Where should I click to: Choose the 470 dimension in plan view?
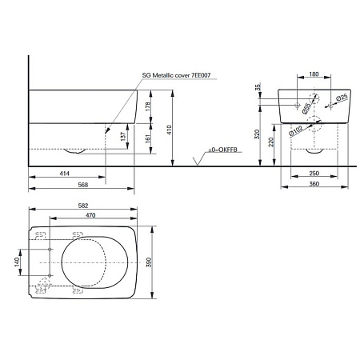pos(92,215)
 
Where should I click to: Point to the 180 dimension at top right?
pos(313,74)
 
